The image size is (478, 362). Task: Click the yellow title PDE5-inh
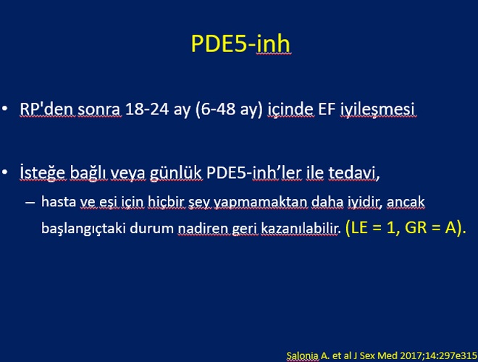240,43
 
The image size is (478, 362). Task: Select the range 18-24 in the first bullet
147,109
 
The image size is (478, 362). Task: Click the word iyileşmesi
377,110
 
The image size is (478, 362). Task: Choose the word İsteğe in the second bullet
43,173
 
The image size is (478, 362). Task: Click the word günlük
175,173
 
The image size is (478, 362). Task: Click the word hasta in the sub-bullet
59,202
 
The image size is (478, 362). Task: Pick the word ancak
406,202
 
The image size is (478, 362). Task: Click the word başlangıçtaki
83,228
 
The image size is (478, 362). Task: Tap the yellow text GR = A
430,227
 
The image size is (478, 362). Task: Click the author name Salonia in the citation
303,355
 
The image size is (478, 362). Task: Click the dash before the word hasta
30,202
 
